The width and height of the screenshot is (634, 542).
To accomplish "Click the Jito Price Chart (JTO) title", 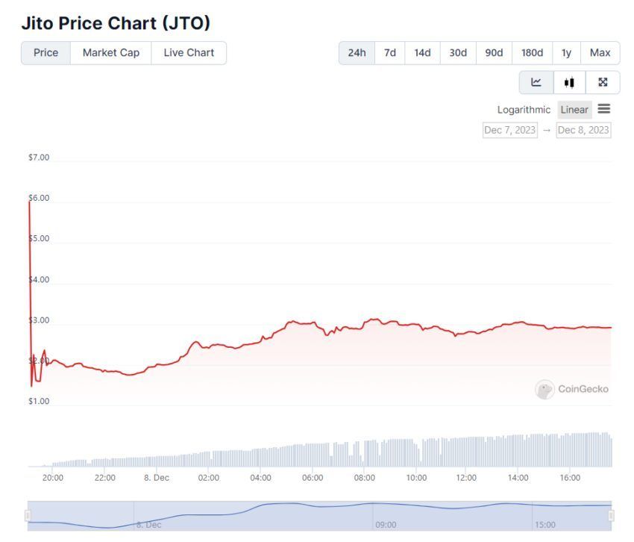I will [116, 23].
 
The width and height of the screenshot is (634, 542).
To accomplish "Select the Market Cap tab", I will [110, 53].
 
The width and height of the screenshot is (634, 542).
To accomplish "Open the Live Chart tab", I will [189, 53].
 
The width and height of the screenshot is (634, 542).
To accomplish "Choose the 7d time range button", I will [390, 53].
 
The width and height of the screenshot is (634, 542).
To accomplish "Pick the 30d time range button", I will [458, 53].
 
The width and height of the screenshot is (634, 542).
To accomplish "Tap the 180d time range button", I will [532, 53].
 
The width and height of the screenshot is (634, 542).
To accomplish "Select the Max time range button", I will [600, 53].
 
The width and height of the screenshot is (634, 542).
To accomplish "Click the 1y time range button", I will [567, 53].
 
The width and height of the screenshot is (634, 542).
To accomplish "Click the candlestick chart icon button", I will [570, 82].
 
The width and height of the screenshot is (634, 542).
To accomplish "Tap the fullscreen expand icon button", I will [603, 82].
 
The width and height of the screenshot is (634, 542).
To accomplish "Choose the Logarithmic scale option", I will [524, 110].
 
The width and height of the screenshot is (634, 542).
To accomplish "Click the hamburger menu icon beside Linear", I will [604, 109].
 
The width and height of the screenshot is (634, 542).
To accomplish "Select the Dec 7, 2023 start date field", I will [510, 130].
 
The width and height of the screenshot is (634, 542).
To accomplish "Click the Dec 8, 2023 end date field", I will [583, 130].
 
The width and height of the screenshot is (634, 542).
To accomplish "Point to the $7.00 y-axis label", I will [39, 158].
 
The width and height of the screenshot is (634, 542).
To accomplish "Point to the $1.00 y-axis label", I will [39, 402].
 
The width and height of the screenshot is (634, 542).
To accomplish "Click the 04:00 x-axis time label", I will [260, 478].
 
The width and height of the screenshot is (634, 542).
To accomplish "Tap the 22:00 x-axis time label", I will [105, 478].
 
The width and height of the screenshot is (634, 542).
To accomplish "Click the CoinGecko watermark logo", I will [572, 389].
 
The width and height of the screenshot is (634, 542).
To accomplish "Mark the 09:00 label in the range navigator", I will [386, 525].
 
